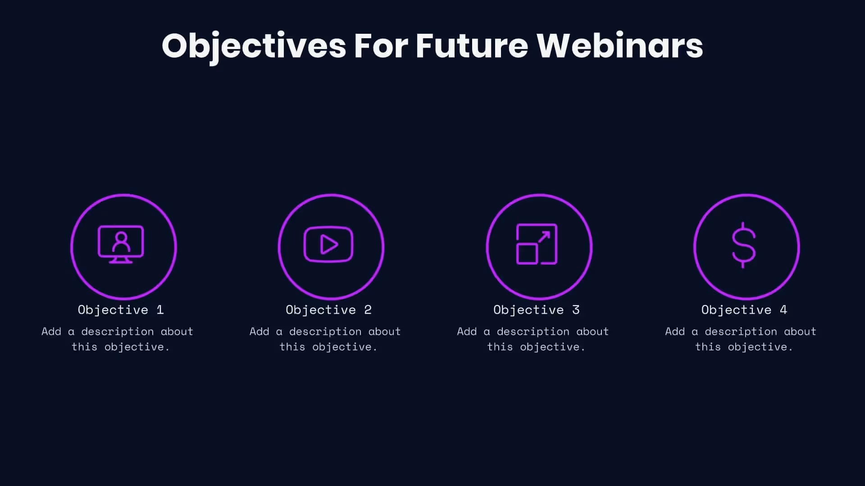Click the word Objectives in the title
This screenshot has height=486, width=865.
pyautogui.click(x=254, y=46)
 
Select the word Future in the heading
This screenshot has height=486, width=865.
pyautogui.click(x=471, y=46)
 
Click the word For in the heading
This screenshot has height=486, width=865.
pyautogui.click(x=381, y=46)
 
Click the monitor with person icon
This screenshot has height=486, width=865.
pyautogui.click(x=121, y=244)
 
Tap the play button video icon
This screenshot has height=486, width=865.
pyautogui.click(x=328, y=244)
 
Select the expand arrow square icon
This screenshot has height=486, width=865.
pyautogui.click(x=537, y=244)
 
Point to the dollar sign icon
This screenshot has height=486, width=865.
pyautogui.click(x=743, y=245)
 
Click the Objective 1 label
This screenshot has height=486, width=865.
pyautogui.click(x=121, y=310)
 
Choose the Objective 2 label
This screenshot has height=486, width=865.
pyautogui.click(x=328, y=310)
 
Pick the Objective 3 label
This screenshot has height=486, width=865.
pyautogui.click(x=536, y=310)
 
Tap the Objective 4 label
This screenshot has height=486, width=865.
pyautogui.click(x=744, y=310)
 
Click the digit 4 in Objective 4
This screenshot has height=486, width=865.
pyautogui.click(x=783, y=310)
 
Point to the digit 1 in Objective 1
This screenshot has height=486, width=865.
pyautogui.click(x=160, y=310)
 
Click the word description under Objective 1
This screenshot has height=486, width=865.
pyautogui.click(x=118, y=332)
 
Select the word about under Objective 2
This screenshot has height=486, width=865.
pyautogui.click(x=384, y=332)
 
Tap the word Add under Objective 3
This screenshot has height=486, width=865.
pyautogui.click(x=467, y=332)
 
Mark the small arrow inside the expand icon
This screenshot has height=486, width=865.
pyautogui.click(x=544, y=237)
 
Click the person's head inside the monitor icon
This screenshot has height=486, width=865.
pyautogui.click(x=121, y=237)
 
